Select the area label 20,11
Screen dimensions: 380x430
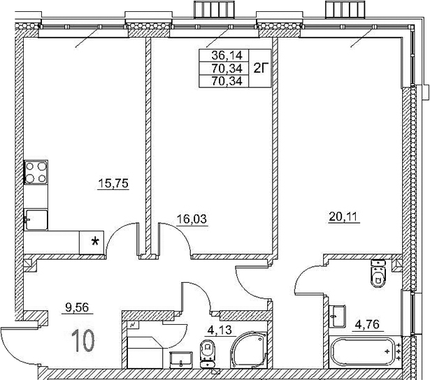[343, 216]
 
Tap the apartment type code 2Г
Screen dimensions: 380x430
[260, 68]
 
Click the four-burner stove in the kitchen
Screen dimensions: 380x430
[36, 172]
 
